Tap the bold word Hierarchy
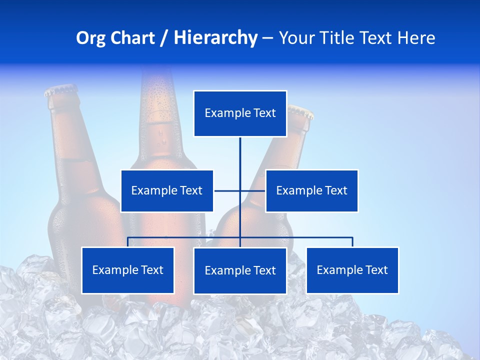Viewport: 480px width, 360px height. [x=215, y=38]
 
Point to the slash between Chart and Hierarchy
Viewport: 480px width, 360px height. [x=164, y=38]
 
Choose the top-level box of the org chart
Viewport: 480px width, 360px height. [x=240, y=113]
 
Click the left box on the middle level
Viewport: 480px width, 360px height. [x=167, y=190]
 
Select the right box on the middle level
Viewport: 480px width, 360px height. [x=311, y=190]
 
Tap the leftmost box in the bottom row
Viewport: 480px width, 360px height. [x=127, y=270]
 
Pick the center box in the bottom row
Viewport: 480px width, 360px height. [x=240, y=270]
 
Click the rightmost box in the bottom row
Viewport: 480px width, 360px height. [x=352, y=270]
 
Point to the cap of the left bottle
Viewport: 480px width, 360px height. [x=61, y=90]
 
